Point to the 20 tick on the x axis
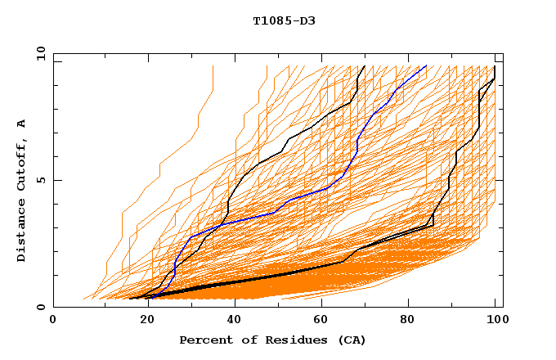[142, 321]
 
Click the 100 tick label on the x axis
[495, 321]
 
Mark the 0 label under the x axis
[53, 321]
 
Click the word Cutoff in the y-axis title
[22, 167]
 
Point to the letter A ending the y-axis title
[22, 124]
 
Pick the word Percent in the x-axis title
[204, 340]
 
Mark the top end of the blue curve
[426, 66]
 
